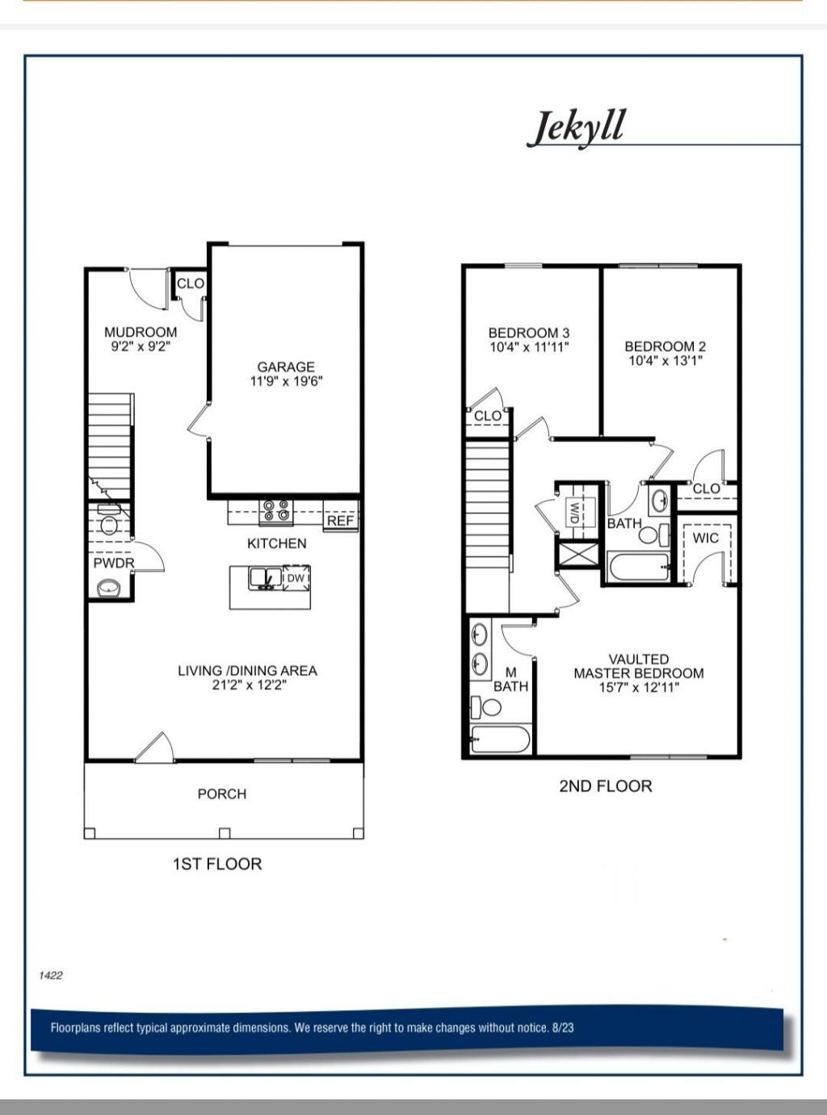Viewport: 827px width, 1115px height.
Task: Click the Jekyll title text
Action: (576, 127)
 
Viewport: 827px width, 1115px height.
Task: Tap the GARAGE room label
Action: (286, 367)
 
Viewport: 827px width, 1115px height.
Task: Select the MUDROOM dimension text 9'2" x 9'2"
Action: (141, 346)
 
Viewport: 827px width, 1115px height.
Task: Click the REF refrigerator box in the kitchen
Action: (340, 521)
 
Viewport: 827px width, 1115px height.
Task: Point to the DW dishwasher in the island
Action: (296, 578)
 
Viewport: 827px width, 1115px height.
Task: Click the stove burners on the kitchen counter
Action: (276, 510)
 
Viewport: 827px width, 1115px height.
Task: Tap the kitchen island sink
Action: (265, 577)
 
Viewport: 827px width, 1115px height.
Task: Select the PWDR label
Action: (113, 563)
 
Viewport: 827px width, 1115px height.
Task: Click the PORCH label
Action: (222, 794)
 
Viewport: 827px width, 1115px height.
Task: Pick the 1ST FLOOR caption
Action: (217, 864)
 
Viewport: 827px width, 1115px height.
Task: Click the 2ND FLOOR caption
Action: (605, 786)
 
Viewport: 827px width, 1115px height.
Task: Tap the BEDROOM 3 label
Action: (529, 333)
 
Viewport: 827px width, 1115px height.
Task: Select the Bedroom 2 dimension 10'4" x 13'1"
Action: (665, 361)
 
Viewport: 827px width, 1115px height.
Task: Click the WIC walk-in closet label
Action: (705, 538)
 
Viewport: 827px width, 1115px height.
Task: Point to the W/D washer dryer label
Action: (574, 512)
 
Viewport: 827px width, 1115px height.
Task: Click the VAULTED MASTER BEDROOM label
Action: (638, 666)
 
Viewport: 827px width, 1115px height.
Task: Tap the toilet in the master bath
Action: (487, 708)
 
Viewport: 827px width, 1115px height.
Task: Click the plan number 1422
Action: (50, 975)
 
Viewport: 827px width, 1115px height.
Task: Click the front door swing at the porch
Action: (155, 748)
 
